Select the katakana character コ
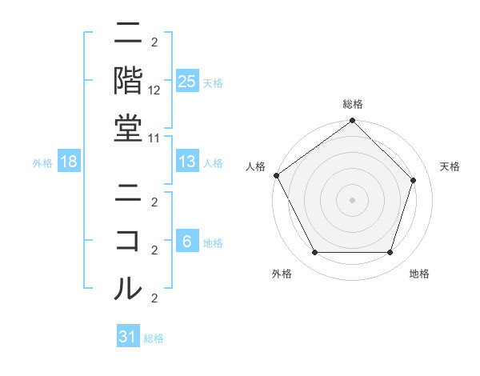click(x=128, y=240)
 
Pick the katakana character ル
click(x=128, y=287)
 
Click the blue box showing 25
click(x=187, y=82)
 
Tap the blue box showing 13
click(x=187, y=162)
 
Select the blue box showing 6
click(x=187, y=242)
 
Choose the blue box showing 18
click(x=69, y=162)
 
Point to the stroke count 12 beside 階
click(x=155, y=90)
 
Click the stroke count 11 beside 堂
click(x=155, y=137)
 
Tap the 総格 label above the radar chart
click(x=353, y=104)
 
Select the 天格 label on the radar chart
click(x=450, y=166)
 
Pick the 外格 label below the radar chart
click(x=282, y=274)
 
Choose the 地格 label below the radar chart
click(x=419, y=274)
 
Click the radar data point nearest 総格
click(x=353, y=122)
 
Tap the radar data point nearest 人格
click(x=276, y=175)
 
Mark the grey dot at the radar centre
click(x=353, y=199)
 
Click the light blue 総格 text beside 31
click(x=154, y=338)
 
